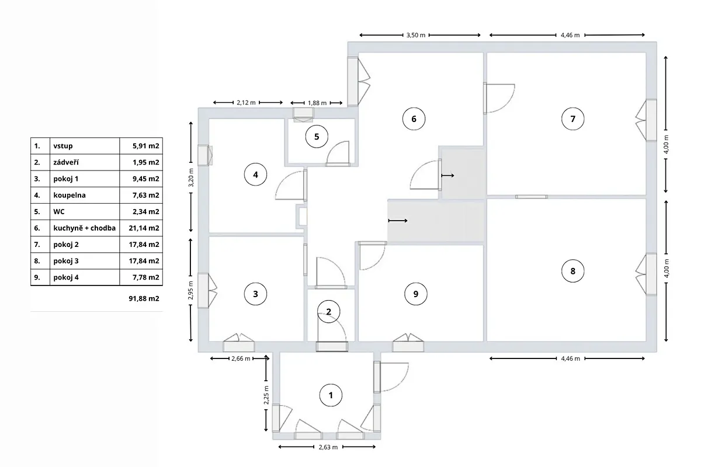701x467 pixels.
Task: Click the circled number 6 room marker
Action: click(x=414, y=119)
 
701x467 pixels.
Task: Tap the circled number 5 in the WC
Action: click(x=317, y=137)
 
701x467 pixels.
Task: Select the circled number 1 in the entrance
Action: click(x=331, y=395)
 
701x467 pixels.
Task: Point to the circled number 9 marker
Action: click(x=416, y=294)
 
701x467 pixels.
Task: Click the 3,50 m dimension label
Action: click(x=416, y=36)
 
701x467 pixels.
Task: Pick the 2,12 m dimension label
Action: click(x=247, y=103)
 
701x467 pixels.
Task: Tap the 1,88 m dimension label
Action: click(x=317, y=103)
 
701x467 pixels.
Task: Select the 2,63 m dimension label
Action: click(x=328, y=447)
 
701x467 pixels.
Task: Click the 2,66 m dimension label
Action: click(x=241, y=358)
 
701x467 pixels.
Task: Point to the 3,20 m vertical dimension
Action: click(x=191, y=177)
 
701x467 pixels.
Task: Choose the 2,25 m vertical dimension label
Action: click(x=266, y=395)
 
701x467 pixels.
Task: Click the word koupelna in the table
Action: click(x=70, y=195)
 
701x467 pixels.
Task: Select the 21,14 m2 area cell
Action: click(x=144, y=228)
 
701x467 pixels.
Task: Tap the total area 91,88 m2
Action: click(x=144, y=298)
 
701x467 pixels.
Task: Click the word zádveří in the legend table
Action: click(x=66, y=162)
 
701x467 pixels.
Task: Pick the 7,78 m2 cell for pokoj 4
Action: click(x=146, y=277)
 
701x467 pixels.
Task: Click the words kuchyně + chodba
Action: click(x=85, y=228)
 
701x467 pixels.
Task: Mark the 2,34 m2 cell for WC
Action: click(x=146, y=212)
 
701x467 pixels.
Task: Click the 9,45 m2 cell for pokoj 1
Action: click(x=146, y=179)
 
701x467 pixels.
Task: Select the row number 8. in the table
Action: click(x=37, y=261)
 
